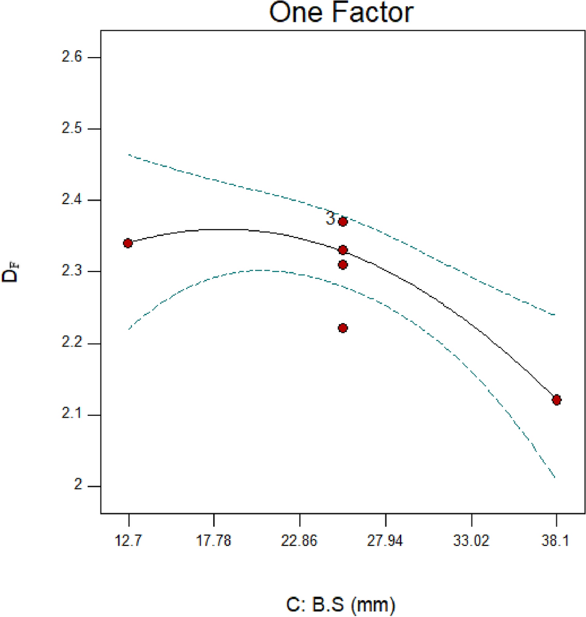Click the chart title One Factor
point(341,13)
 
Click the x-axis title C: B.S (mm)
point(341,604)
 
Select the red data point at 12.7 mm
point(128,243)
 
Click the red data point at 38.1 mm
point(556,400)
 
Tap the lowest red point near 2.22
point(342,328)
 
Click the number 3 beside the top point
point(330,219)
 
